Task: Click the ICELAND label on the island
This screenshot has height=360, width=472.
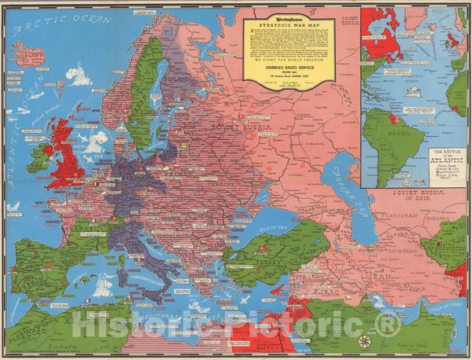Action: coord(27,55)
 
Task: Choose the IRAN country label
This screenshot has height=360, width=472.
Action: coord(378,267)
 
